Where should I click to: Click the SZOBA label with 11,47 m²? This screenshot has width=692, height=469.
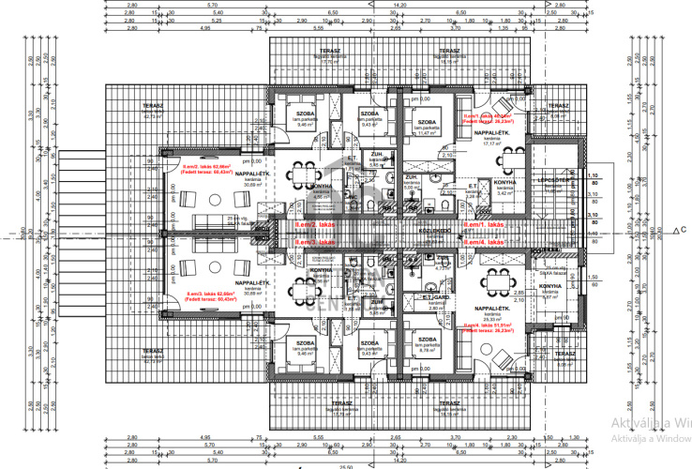[x=429, y=122]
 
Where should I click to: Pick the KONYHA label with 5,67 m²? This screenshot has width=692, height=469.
[x=549, y=286]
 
